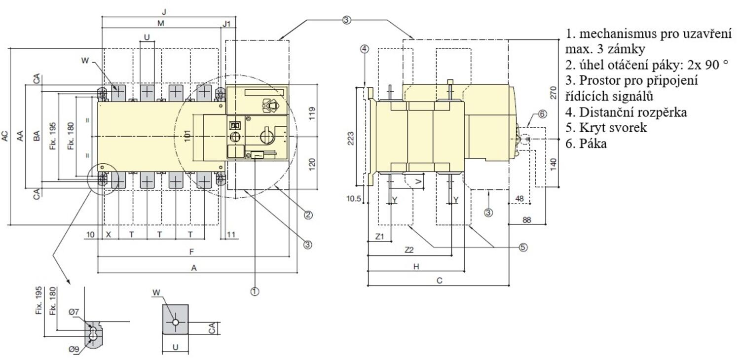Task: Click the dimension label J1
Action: (x=226, y=24)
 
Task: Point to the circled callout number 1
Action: (x=255, y=291)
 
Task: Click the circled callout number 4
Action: (x=364, y=49)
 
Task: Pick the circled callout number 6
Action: (x=542, y=114)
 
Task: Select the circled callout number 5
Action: (x=523, y=247)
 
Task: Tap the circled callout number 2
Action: (x=308, y=215)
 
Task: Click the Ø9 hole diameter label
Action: (x=74, y=349)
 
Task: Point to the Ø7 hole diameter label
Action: (x=74, y=312)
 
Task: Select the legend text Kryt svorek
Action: (x=613, y=128)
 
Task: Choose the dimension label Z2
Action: (x=409, y=250)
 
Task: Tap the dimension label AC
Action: (x=5, y=136)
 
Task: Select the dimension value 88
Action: (x=527, y=220)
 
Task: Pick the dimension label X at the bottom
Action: (x=109, y=235)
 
